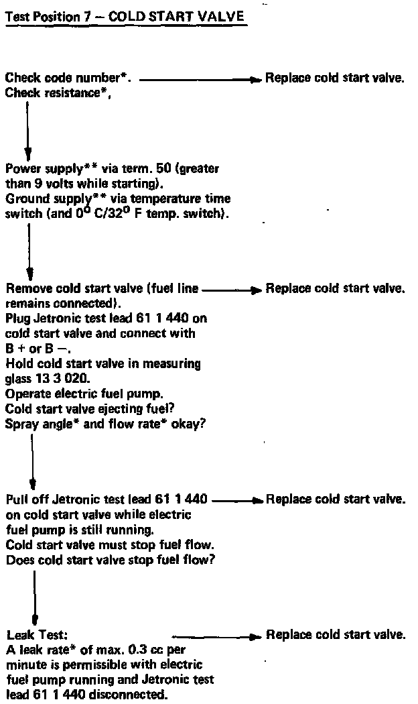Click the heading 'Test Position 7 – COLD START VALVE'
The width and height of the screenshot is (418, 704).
(125, 17)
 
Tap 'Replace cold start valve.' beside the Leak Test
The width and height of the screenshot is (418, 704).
(336, 634)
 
